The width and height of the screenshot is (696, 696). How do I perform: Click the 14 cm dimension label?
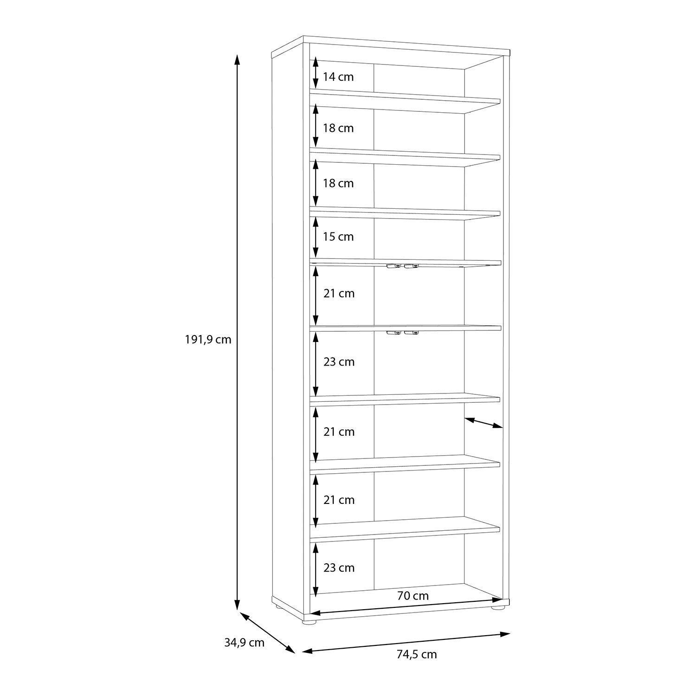click(338, 77)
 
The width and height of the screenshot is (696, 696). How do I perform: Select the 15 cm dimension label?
click(338, 237)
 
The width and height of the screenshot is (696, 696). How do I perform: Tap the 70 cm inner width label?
click(413, 596)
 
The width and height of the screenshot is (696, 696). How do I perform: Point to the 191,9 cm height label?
click(208, 340)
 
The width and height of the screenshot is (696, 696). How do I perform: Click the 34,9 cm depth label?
click(244, 643)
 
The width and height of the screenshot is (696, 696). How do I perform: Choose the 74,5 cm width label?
click(417, 655)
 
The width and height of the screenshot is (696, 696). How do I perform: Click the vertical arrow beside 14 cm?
click(316, 73)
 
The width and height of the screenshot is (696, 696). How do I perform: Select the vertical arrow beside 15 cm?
click(316, 237)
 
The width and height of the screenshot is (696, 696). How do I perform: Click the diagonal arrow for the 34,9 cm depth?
click(267, 632)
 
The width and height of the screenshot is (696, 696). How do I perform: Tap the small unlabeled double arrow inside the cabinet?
click(483, 423)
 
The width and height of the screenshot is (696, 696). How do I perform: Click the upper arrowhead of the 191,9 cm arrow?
click(237, 60)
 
